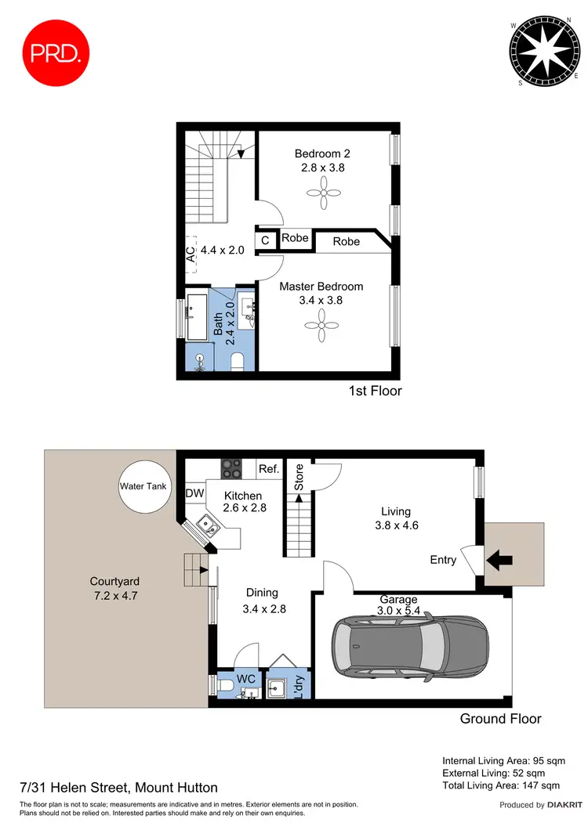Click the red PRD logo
[x=52, y=53]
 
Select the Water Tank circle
[x=140, y=487]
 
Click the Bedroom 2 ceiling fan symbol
[x=322, y=193]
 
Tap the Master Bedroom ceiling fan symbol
[x=322, y=327]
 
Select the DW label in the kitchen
[x=195, y=493]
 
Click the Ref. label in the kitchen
[x=269, y=470]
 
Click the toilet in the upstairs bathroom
[x=239, y=361]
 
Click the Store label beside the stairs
[x=298, y=478]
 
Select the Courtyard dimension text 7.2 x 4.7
[x=114, y=595]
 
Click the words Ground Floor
[x=500, y=718]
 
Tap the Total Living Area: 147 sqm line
[x=501, y=785]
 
